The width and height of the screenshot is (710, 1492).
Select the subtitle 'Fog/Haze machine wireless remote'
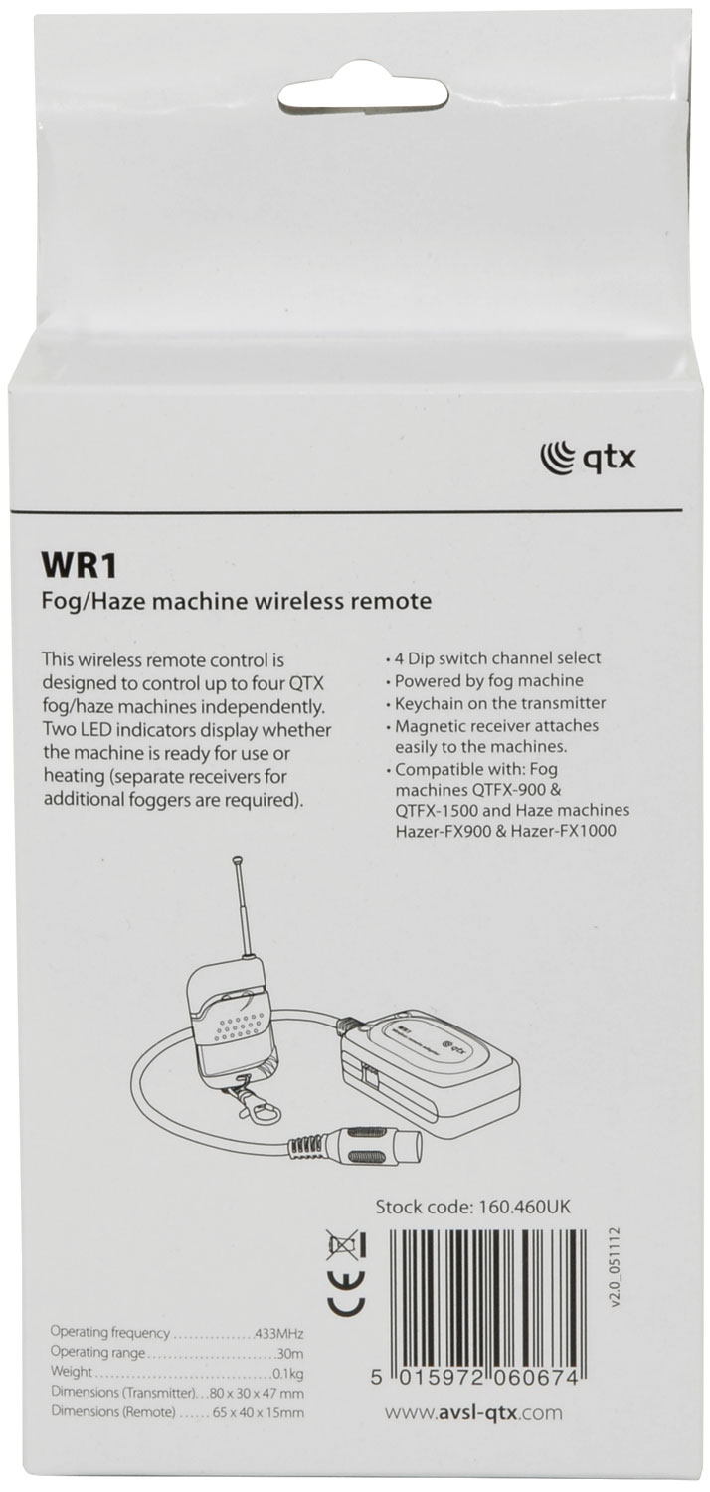[237, 602]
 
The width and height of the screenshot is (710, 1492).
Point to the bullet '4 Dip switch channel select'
[492, 658]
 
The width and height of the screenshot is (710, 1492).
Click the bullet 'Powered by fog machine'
[483, 680]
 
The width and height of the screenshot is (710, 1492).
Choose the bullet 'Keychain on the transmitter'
[495, 702]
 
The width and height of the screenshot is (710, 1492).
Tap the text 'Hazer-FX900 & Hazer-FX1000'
[505, 830]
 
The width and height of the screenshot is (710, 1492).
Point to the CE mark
[346, 1289]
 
